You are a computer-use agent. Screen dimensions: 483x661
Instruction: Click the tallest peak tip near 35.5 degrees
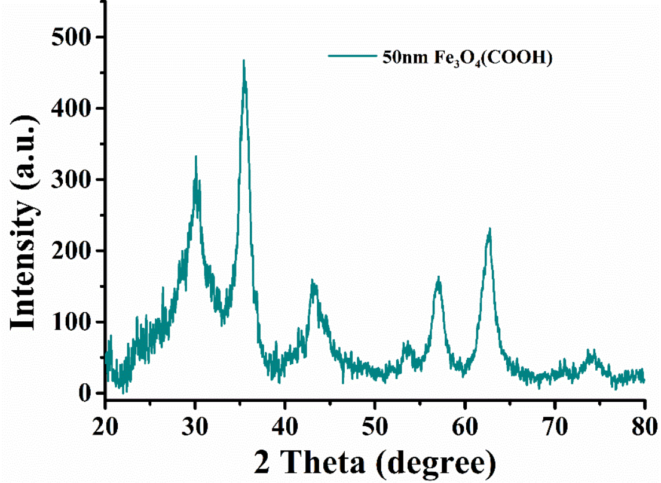click(x=244, y=60)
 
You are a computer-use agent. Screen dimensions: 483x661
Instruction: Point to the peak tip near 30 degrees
click(x=195, y=156)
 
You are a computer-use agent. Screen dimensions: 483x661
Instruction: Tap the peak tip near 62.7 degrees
click(x=489, y=229)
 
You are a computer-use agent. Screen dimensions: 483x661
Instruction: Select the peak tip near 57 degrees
click(x=439, y=277)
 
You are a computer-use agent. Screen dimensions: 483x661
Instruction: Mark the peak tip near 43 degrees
click(x=312, y=280)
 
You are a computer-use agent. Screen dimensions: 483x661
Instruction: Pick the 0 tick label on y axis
click(x=84, y=393)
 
